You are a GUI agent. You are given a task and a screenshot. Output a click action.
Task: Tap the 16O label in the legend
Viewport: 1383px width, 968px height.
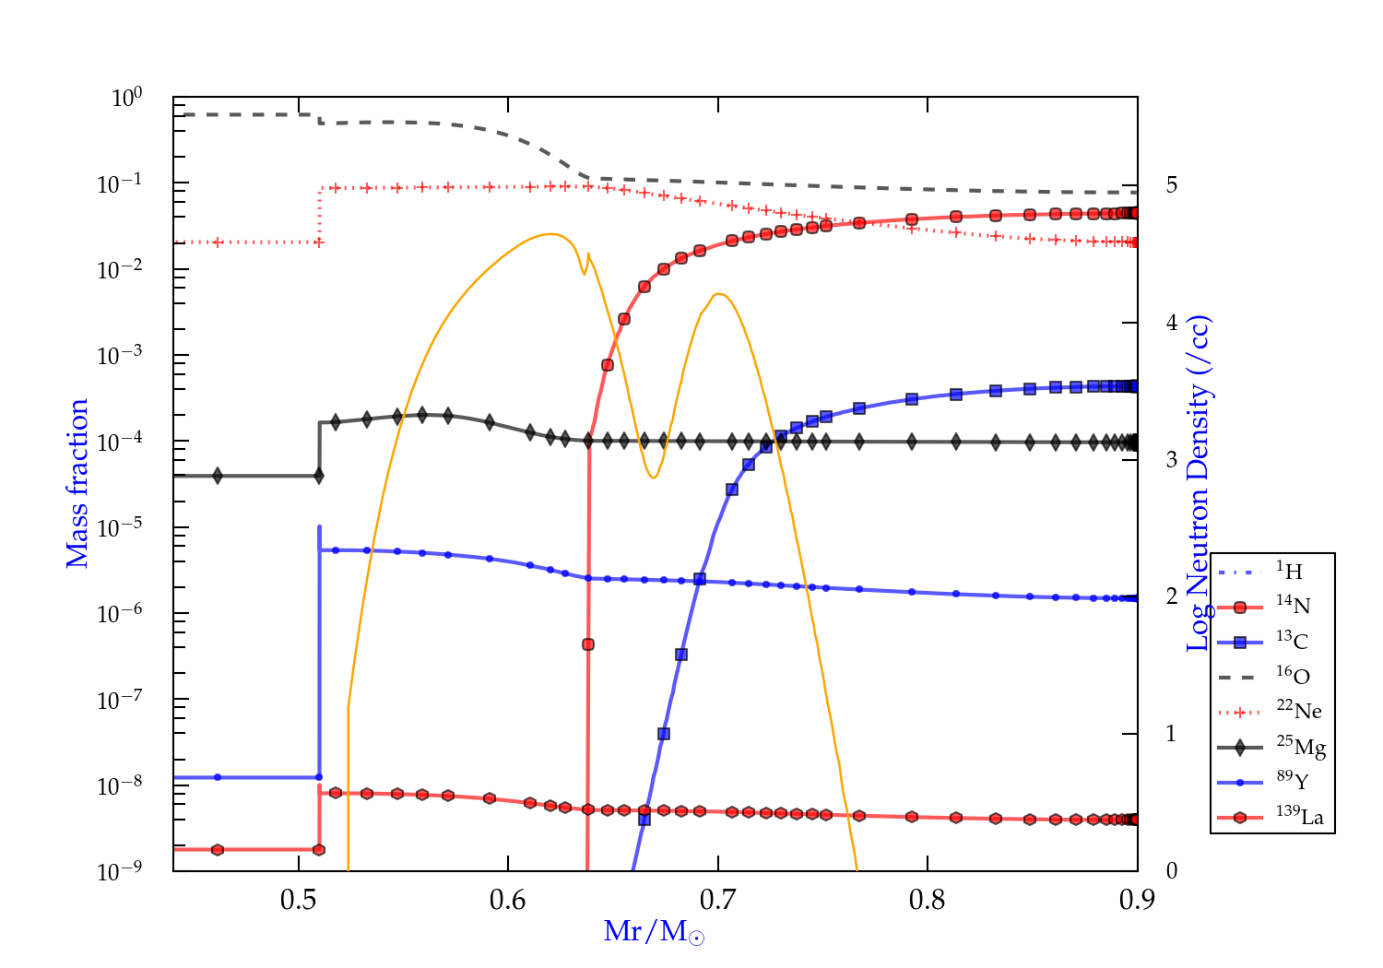[1293, 677]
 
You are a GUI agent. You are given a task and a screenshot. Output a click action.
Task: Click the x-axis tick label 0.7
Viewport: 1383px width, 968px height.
[717, 900]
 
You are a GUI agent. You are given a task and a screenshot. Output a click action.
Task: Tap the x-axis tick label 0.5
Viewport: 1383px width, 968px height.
[299, 900]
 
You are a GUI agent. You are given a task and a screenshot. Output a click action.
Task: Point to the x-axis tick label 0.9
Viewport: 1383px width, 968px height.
[1137, 900]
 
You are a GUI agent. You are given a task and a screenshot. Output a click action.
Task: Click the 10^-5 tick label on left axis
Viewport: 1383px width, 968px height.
[120, 528]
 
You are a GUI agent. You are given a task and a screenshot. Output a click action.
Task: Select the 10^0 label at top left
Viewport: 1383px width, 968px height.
[126, 98]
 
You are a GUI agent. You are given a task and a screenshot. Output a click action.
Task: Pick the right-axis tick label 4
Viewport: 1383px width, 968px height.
[1171, 323]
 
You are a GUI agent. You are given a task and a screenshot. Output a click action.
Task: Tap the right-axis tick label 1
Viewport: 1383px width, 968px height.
[1171, 734]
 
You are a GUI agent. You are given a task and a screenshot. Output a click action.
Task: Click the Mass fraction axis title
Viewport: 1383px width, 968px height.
[77, 483]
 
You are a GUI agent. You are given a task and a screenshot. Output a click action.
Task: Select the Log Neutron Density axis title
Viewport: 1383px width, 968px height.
[1198, 483]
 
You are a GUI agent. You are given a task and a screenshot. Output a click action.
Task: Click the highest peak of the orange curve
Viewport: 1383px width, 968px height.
[550, 234]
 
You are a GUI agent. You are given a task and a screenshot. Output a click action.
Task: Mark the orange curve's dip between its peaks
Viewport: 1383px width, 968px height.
[653, 477]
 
